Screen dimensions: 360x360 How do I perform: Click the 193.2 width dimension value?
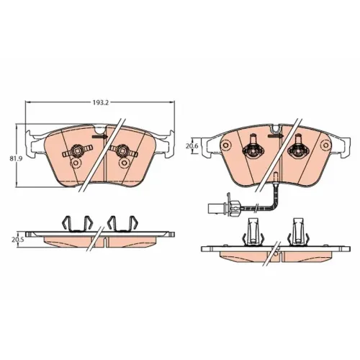[x=101, y=103]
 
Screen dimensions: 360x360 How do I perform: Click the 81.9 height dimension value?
[x=14, y=158]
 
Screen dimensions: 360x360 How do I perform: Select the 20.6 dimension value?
[x=192, y=146]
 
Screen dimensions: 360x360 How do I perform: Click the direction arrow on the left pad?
[x=100, y=137]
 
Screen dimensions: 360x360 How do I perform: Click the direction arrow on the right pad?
[x=276, y=136]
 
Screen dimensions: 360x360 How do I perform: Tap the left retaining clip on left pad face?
[x=77, y=151]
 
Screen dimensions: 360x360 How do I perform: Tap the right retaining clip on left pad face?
[x=123, y=151]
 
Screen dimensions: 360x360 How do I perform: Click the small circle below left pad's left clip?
[x=76, y=163]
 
